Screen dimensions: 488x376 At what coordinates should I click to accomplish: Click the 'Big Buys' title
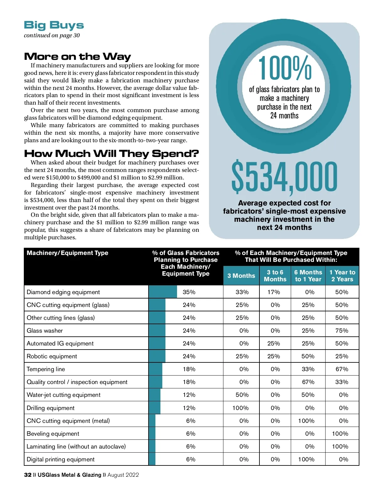pyautogui.click(x=54, y=25)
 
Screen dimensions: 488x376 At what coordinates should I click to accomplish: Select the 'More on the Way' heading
pyautogui.click(x=77, y=56)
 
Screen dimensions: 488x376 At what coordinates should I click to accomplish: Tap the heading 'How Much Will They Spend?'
pyautogui.click(x=111, y=153)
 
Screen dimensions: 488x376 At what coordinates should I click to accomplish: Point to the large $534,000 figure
pyautogui.click(x=284, y=177)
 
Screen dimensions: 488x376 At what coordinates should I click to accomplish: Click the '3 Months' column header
pyautogui.click(x=241, y=276)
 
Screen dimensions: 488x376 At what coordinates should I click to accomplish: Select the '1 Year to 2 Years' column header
pyautogui.click(x=342, y=276)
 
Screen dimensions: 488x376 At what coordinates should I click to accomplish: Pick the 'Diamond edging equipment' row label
pyautogui.click(x=63, y=292)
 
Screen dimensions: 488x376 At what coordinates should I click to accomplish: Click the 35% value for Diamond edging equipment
pyautogui.click(x=189, y=292)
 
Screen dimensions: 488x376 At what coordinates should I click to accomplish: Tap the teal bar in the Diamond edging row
pyautogui.click(x=163, y=292)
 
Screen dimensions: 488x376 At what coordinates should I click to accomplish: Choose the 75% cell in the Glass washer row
pyautogui.click(x=342, y=330)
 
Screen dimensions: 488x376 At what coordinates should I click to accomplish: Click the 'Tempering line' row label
pyautogui.click(x=46, y=369)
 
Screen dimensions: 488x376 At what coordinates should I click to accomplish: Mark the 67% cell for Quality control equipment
pyautogui.click(x=308, y=382)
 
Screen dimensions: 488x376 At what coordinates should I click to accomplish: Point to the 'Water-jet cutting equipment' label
pyautogui.click(x=64, y=395)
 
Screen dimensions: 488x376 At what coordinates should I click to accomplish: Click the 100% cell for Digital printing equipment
pyautogui.click(x=306, y=459)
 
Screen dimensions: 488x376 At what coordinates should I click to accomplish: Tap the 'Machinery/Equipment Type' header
pyautogui.click(x=67, y=253)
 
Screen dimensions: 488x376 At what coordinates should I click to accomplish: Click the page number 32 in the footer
pyautogui.click(x=28, y=475)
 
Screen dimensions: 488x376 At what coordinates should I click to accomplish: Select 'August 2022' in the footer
pyautogui.click(x=123, y=475)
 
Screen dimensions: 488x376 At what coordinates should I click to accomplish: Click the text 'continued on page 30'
pyautogui.click(x=52, y=35)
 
